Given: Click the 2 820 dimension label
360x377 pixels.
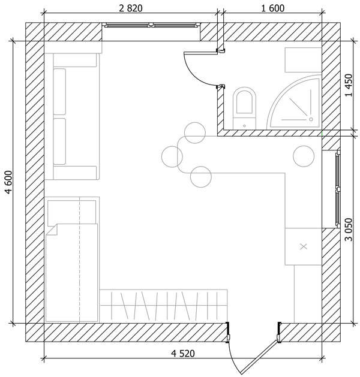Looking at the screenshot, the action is pos(131,8).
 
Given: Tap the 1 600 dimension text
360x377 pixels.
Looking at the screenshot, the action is pos(272,8).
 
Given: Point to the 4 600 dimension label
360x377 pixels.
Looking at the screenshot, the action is pos(9,182).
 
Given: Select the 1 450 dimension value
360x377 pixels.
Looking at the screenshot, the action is pos(348,85).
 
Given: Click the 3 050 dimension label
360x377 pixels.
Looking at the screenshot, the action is pos(348,230).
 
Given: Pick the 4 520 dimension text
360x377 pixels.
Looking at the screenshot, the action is pos(183,354).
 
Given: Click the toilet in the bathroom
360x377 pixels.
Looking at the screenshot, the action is pos(244,108).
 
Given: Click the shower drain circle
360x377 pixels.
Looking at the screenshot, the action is pos(311,119).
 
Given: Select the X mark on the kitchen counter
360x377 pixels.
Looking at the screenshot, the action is pos(304,246).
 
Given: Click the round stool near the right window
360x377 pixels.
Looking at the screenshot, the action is pos(304,156).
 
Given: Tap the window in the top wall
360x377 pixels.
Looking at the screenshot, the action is pos(151,25).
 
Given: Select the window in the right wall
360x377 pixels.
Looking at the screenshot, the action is pos(338,189).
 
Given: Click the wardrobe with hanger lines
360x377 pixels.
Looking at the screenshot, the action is pos(163,306).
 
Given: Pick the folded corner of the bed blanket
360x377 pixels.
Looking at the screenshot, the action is pos(52,230).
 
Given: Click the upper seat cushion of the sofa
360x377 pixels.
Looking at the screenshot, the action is pos(59,92).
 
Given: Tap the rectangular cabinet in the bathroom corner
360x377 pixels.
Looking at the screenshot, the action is pos(303,60).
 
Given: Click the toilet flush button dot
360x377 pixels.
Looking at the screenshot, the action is pos(244,126).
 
